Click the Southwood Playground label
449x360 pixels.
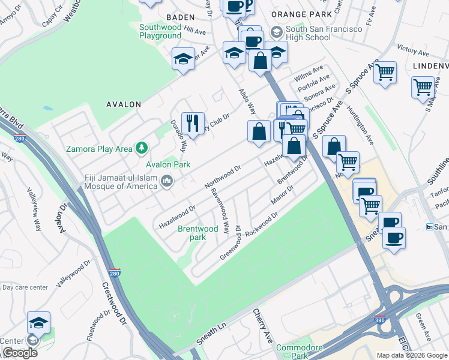160,31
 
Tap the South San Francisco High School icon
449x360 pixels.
277,31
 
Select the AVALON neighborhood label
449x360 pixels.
123,104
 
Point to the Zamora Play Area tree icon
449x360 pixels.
142,147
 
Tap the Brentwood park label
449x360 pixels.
198,233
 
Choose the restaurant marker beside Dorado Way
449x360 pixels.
193,122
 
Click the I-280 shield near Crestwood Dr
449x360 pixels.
115,273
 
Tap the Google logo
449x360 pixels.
20,353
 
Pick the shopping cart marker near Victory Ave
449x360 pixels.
385,72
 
